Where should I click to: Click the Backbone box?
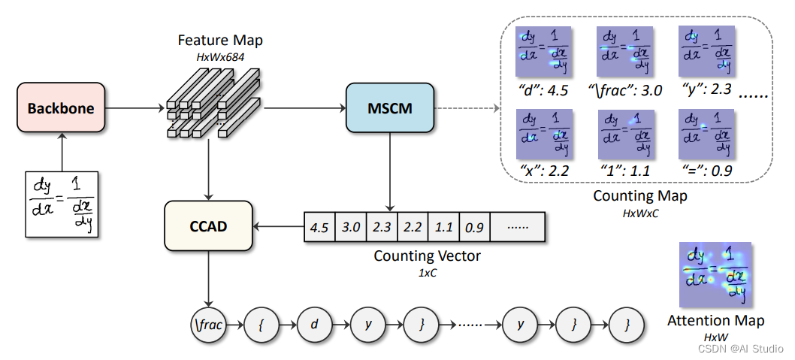coord(61,108)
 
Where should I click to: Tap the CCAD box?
coord(208,225)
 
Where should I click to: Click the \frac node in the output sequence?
coord(208,326)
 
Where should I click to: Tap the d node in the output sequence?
coord(313,326)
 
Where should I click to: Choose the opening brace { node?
coord(261,326)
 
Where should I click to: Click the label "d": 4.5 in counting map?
coord(542,91)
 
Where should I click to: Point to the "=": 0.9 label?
coord(705,171)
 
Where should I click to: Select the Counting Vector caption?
coord(427,256)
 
